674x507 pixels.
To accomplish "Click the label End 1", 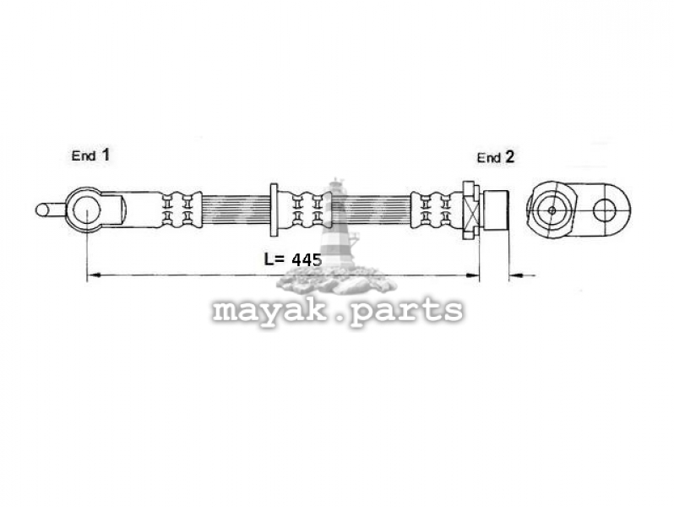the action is [90, 155].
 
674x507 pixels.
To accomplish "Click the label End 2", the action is [496, 157].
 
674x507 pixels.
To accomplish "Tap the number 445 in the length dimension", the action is [307, 259].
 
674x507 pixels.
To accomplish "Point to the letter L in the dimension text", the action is [269, 259].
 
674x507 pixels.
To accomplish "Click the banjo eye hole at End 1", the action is [86, 210].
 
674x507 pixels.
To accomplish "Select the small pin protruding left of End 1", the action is [51, 210].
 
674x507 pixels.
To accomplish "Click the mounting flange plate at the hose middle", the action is [274, 210].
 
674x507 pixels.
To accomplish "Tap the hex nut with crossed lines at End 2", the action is [470, 210].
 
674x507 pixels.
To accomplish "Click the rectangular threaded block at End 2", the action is [496, 210].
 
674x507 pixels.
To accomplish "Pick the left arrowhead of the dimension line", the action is [94, 275].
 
